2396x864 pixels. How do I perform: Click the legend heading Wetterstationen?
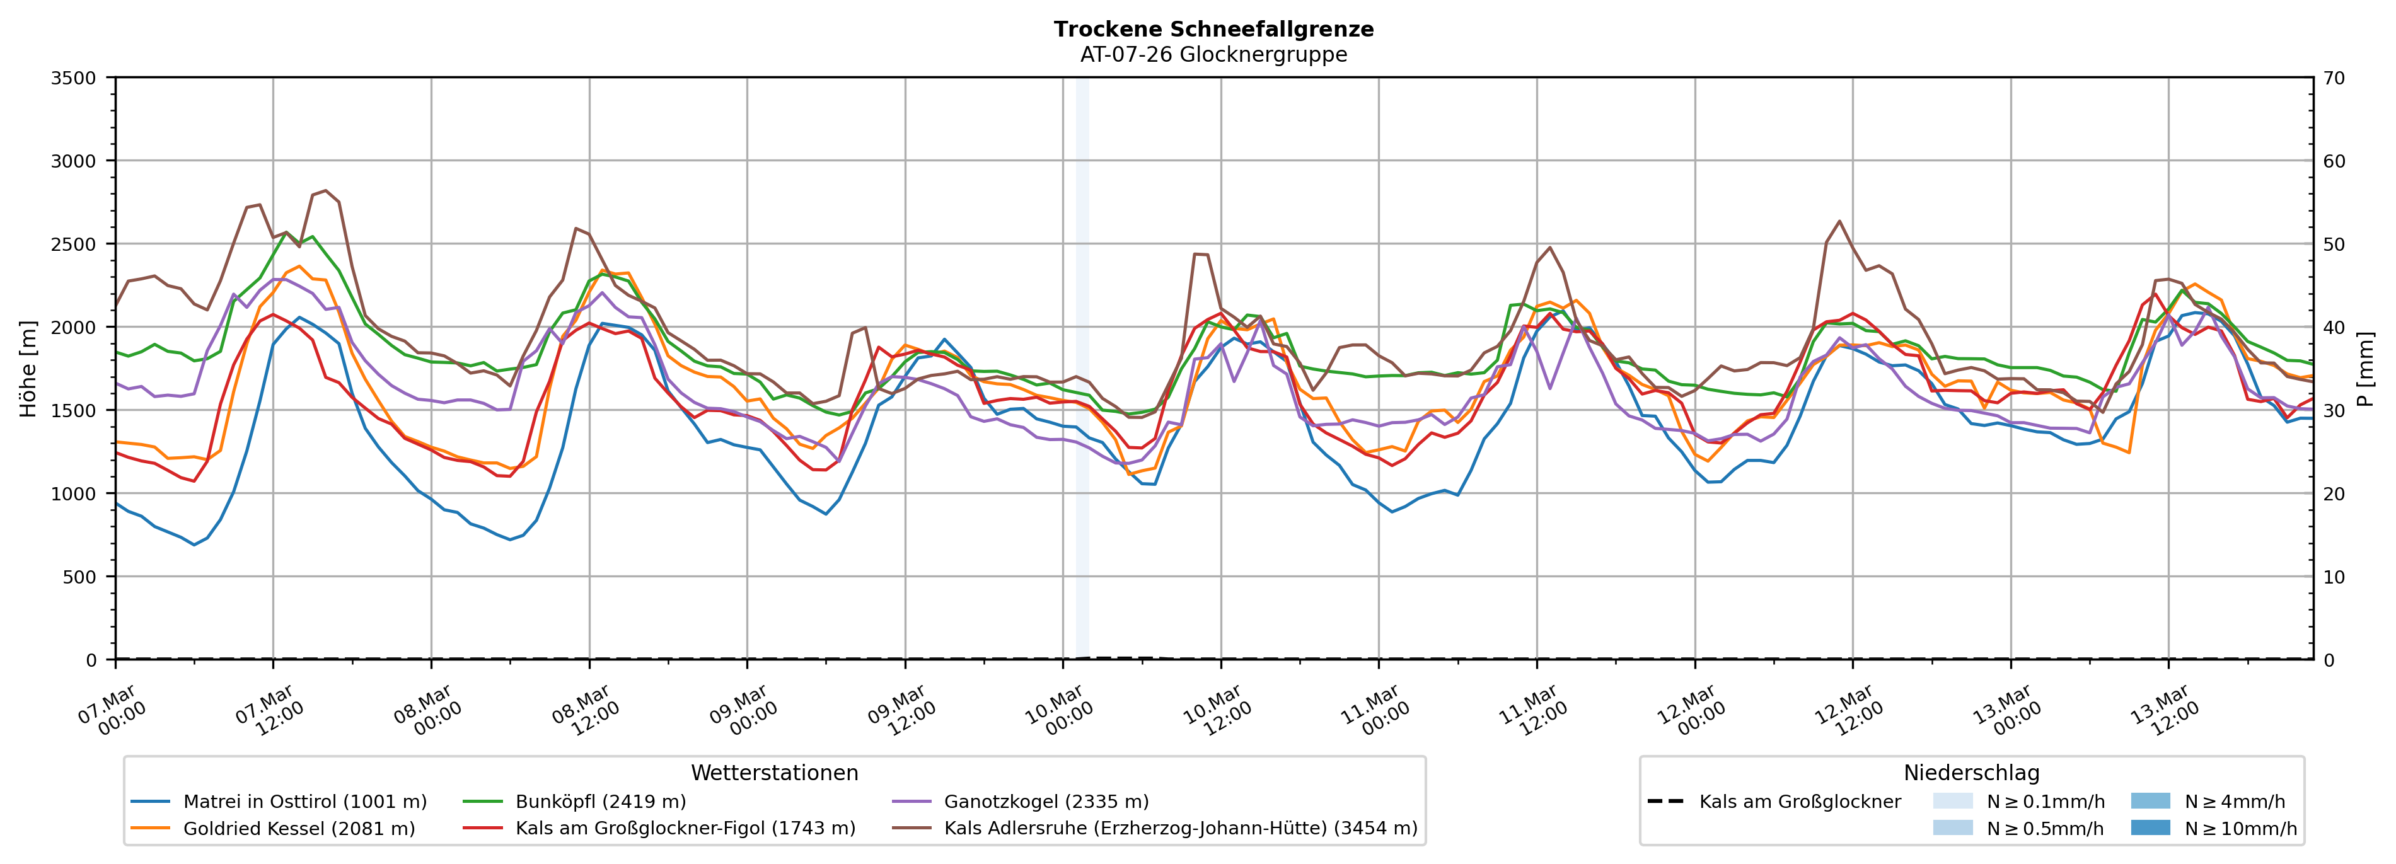click(774, 773)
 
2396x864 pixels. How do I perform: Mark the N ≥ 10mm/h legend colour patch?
click(2150, 827)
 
